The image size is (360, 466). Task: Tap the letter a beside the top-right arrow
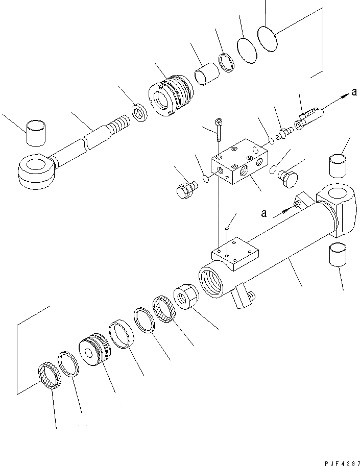[x=353, y=92]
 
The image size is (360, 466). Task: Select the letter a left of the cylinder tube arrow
[x=263, y=214]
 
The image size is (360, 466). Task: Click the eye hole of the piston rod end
[x=34, y=165]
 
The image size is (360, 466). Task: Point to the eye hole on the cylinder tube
[x=337, y=194]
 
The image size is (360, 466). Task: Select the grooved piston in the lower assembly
[x=95, y=349]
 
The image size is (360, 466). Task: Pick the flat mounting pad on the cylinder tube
[x=235, y=256]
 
